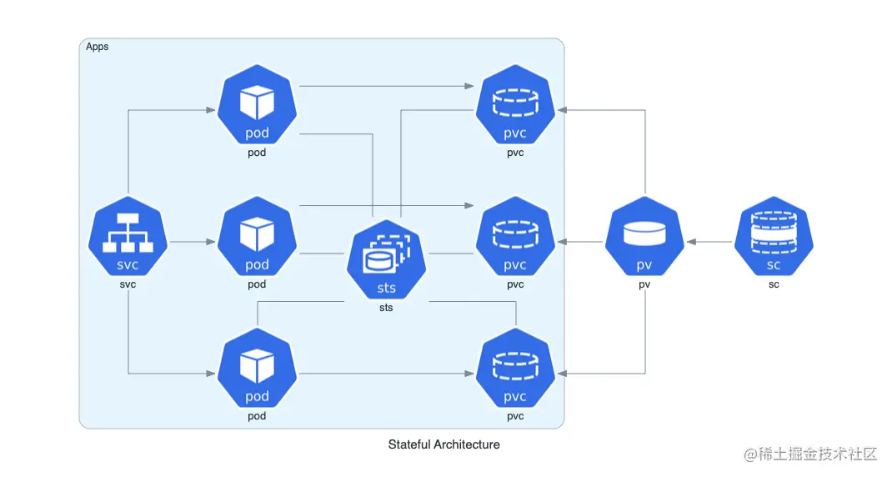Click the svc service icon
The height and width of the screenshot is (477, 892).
128,237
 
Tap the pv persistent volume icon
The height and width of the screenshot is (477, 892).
644,237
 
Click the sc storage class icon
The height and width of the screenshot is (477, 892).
774,237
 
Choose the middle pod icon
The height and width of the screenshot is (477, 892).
257,237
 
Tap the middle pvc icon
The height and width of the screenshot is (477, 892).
515,237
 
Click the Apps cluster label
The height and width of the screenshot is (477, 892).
98,47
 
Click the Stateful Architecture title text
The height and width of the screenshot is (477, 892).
443,444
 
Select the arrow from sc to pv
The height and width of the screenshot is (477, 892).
709,242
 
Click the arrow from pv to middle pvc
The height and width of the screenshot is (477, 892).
580,242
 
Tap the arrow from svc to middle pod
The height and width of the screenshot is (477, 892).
192,242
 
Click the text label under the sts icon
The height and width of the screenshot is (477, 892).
386,308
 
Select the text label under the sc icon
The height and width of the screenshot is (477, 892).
774,284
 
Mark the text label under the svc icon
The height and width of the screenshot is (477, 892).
128,284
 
